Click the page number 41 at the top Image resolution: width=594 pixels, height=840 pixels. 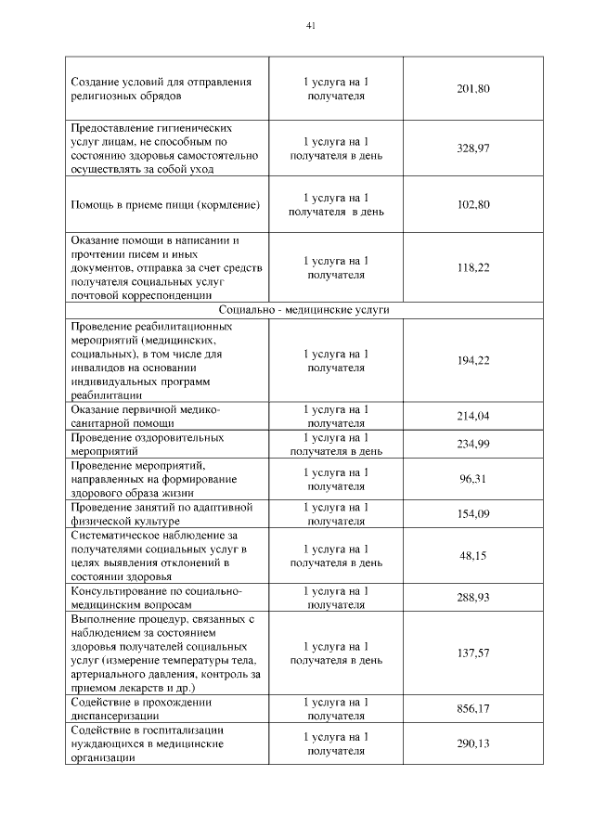coord(311,26)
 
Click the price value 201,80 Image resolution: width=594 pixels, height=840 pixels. coord(473,89)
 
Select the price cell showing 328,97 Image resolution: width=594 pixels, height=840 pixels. coord(473,149)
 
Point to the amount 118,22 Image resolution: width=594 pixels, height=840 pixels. coord(473,267)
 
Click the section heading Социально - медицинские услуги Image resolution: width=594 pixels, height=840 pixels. coord(303,310)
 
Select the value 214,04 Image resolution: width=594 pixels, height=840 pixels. coord(473,416)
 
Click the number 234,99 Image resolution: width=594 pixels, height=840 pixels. coord(473,444)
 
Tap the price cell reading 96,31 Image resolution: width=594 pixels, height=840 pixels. coord(473,479)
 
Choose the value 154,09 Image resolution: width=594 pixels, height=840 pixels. coord(473,514)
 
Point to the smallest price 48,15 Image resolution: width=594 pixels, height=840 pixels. coord(473,555)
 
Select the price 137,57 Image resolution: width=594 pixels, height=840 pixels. coord(473,653)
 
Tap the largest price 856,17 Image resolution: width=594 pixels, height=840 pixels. coord(473,709)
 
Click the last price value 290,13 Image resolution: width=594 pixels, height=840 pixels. coord(473,743)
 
